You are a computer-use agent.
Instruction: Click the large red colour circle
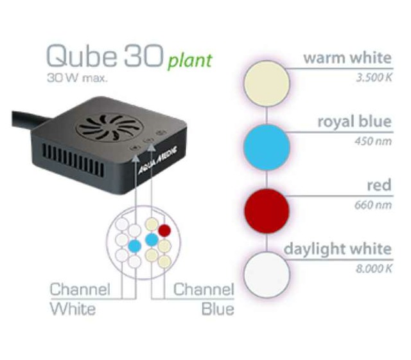point(265,211)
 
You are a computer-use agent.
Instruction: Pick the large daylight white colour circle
point(265,274)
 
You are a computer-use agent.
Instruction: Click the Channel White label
point(80,299)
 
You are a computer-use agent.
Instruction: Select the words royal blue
point(354,122)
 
